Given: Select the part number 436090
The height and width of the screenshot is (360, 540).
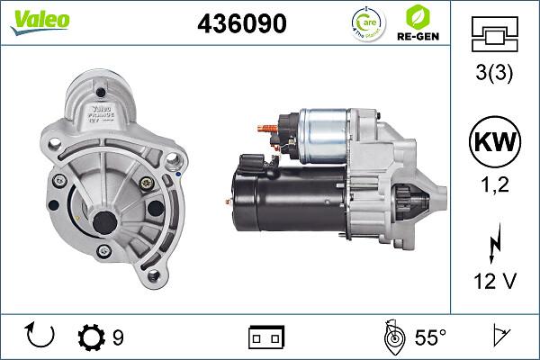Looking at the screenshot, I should click(241, 24).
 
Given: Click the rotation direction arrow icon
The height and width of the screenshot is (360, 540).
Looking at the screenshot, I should click(41, 337).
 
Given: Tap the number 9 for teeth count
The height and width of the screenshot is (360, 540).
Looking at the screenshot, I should click(118, 337).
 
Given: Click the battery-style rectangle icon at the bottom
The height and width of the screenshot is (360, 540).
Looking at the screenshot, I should click(265, 337).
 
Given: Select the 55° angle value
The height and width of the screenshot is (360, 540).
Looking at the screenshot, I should click(429, 337).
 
